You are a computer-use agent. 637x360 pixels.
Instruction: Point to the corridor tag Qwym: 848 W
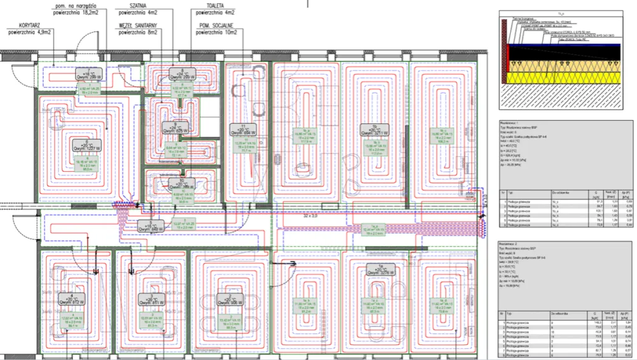tap(147, 225)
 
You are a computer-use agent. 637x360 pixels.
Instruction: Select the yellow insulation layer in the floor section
tap(564, 77)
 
